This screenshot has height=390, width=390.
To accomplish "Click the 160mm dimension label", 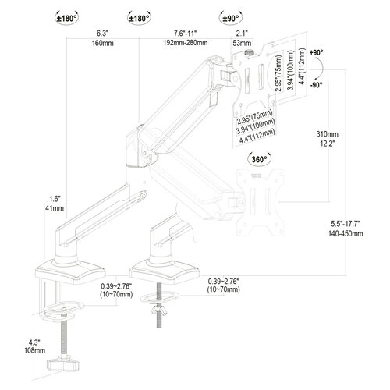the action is pyautogui.click(x=103, y=43).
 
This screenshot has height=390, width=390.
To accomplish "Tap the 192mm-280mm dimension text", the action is pyautogui.click(x=186, y=43).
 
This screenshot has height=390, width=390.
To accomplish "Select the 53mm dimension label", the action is pyautogui.click(x=242, y=43).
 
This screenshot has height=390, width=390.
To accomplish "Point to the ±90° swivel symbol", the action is pyautogui.click(x=231, y=18).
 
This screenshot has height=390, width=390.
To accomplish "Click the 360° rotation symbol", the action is pyautogui.click(x=260, y=159).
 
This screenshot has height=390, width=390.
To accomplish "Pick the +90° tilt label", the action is pyautogui.click(x=317, y=52).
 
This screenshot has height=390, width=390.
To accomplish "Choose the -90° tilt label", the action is pyautogui.click(x=317, y=85).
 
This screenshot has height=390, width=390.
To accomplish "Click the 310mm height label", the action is pyautogui.click(x=328, y=134).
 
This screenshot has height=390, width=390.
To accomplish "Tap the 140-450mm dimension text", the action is pyautogui.click(x=346, y=233).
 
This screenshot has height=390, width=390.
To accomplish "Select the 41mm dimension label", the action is pyautogui.click(x=55, y=208).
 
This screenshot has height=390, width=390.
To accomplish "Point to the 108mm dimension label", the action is pyautogui.click(x=34, y=350).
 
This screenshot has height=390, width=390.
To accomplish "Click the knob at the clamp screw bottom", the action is pyautogui.click(x=62, y=363).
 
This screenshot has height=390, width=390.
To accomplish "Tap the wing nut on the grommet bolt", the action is pyautogui.click(x=158, y=310).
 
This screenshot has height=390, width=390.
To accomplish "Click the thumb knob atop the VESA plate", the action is pyautogui.click(x=250, y=52).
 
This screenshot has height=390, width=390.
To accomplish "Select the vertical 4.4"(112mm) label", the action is pyautogui.click(x=302, y=66).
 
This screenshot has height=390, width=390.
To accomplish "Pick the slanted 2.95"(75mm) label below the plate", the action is pyautogui.click(x=254, y=117).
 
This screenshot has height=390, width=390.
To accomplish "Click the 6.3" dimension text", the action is pyautogui.click(x=102, y=34).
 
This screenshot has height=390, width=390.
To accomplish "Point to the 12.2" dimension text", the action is pyautogui.click(x=327, y=144).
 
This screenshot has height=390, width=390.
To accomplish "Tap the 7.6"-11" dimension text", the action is pyautogui.click(x=185, y=34).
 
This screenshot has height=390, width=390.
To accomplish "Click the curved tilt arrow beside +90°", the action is pyautogui.click(x=322, y=69).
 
